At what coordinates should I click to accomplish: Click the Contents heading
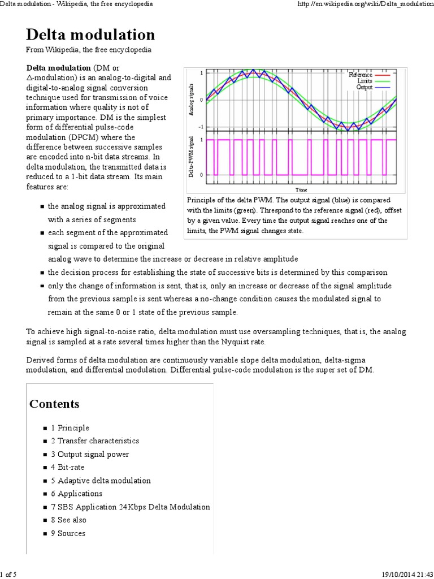(54, 404)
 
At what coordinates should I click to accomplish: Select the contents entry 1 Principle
(70, 428)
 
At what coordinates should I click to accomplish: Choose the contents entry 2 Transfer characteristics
(95, 441)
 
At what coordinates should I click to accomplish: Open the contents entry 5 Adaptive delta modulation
(101, 481)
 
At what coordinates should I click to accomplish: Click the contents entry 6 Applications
(77, 494)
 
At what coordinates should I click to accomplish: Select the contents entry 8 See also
(68, 520)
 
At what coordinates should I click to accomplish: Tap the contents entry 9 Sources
(68, 533)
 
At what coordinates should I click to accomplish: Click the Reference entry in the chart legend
(360, 75)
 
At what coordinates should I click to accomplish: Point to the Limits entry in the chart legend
(364, 81)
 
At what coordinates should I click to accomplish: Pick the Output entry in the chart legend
(364, 87)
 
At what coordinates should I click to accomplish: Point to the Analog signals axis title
(193, 100)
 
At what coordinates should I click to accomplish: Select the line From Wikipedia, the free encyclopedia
(89, 50)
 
